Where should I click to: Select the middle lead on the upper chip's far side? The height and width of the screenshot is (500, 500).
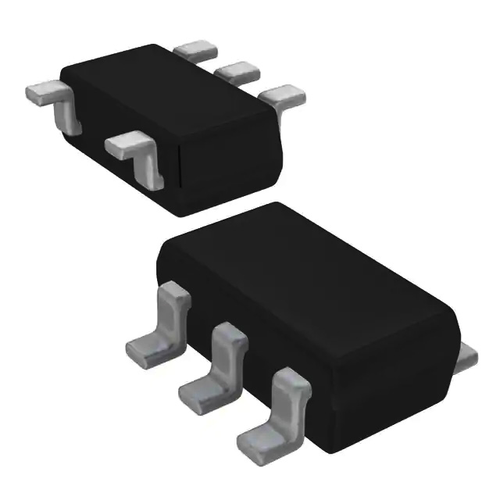[237, 72]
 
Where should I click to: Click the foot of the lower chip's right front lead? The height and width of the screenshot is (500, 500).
[258, 437]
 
